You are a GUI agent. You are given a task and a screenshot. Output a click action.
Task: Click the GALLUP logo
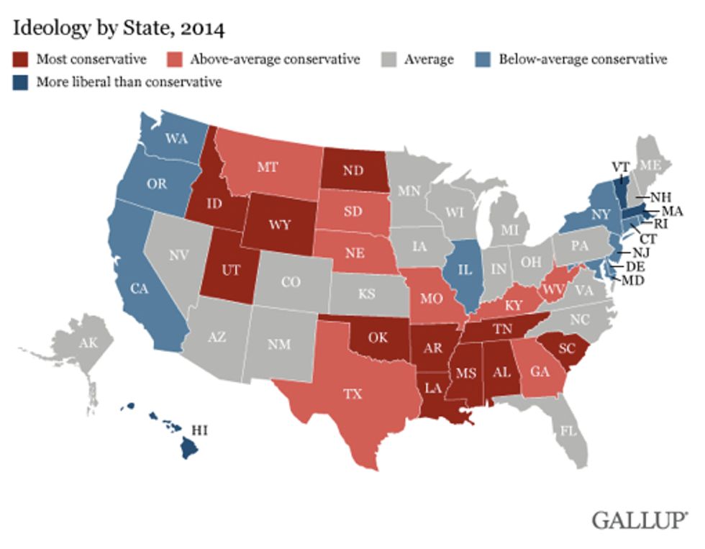(x=640, y=519)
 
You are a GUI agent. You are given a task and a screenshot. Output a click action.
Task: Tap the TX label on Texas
(x=352, y=394)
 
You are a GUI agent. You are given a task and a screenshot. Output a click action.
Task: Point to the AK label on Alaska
(x=88, y=342)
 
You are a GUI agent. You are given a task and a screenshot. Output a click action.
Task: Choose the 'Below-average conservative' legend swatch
(x=485, y=60)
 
